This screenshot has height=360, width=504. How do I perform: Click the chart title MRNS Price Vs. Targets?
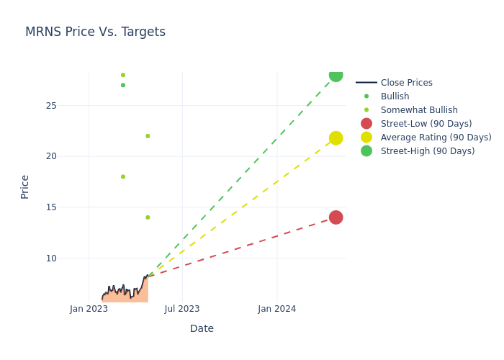(x=95, y=32)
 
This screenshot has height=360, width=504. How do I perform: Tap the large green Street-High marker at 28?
(x=336, y=75)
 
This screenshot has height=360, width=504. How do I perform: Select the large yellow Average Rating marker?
(x=336, y=138)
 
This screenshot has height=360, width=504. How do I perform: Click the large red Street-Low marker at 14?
(x=336, y=217)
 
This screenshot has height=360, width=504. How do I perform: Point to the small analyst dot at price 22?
(x=148, y=136)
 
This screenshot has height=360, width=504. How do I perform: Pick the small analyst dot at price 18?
(x=123, y=176)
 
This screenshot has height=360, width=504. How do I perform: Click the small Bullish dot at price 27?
(x=123, y=85)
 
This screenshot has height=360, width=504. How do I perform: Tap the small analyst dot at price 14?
(x=148, y=217)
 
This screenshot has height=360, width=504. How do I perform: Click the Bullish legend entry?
(x=395, y=96)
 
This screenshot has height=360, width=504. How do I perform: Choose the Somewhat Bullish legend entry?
(x=419, y=110)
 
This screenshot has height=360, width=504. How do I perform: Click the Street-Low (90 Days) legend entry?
(x=426, y=124)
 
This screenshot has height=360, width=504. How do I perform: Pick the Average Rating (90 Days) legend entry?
(x=436, y=138)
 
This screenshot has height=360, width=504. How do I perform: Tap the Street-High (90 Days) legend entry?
(x=428, y=151)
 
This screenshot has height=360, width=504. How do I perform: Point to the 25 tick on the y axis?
(x=50, y=106)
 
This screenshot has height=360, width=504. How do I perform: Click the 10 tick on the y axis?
(x=50, y=258)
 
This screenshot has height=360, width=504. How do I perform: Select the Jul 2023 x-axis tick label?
(x=182, y=309)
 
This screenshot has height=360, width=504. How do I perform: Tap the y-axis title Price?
(x=25, y=186)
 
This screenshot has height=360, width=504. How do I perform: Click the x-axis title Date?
(x=202, y=328)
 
